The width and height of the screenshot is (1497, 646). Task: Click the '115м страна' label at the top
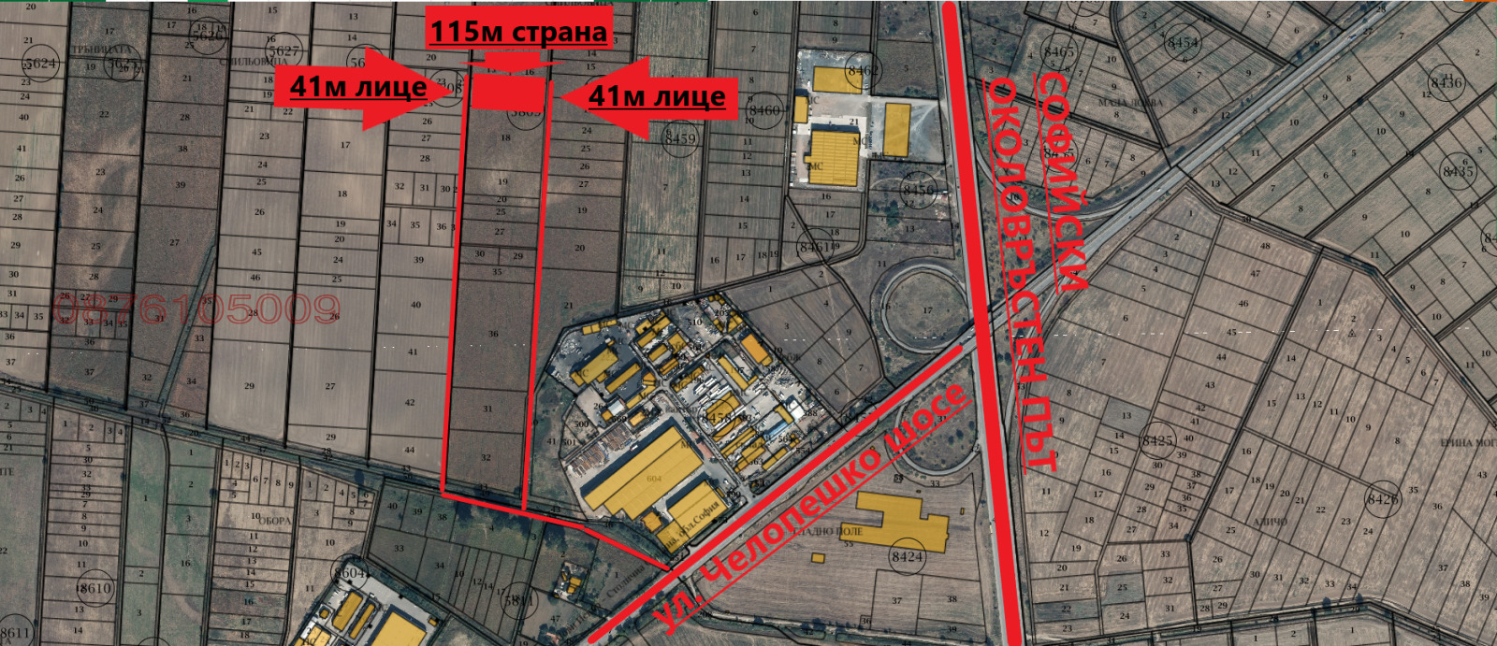tap(518, 31)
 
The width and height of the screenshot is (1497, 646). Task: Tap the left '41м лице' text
tap(358, 87)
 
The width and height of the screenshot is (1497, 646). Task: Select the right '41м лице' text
tap(657, 95)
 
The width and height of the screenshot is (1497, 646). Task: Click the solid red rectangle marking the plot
tap(508, 93)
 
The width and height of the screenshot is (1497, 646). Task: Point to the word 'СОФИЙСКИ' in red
tap(1062, 182)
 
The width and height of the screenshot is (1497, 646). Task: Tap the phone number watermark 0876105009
tap(197, 309)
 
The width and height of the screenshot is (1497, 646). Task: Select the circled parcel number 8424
tap(907, 557)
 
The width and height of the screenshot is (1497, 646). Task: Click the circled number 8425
tap(1157, 440)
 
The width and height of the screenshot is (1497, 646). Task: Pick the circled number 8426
tap(1383, 498)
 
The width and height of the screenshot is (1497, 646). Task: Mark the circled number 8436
tap(1446, 82)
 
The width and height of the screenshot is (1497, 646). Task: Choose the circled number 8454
tap(1183, 43)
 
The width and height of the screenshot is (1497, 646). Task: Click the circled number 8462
tap(864, 70)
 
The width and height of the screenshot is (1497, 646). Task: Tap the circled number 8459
tap(680, 138)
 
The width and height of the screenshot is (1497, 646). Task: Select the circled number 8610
tap(94, 589)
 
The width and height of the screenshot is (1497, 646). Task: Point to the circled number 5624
tap(40, 64)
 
